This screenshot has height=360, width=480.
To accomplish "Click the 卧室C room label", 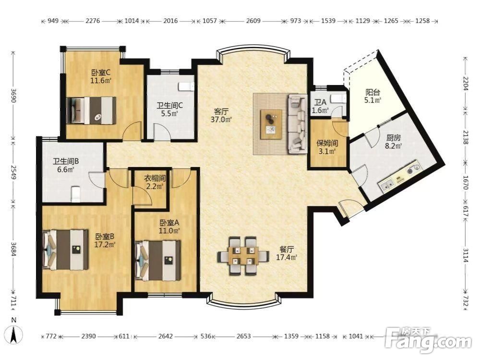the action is pos(101,72).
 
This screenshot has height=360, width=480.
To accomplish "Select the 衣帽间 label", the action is pos(155,178).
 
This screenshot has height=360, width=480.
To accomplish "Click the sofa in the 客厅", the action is pos(297,123).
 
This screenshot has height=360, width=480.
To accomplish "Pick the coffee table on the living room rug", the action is pos(271,125).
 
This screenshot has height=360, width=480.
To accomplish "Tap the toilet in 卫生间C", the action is pos(186,86).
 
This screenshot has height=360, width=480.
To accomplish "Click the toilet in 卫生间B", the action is pos(75,194).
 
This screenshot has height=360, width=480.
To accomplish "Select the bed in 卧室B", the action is pos(66,250).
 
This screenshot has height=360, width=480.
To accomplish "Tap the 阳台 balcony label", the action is pos(373,92).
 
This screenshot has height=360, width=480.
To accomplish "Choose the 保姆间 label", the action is pos(327,143).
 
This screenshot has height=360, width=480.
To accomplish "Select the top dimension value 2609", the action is pos(253,21).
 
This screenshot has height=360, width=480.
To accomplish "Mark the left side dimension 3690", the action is pos(13,96).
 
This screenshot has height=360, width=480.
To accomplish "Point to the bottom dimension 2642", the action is pos(166,336).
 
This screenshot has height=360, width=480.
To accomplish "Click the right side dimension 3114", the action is pos(465,255).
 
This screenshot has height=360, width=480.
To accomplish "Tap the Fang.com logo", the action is pos(428,340).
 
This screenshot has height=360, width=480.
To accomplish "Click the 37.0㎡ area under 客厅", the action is pos(221,120).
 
